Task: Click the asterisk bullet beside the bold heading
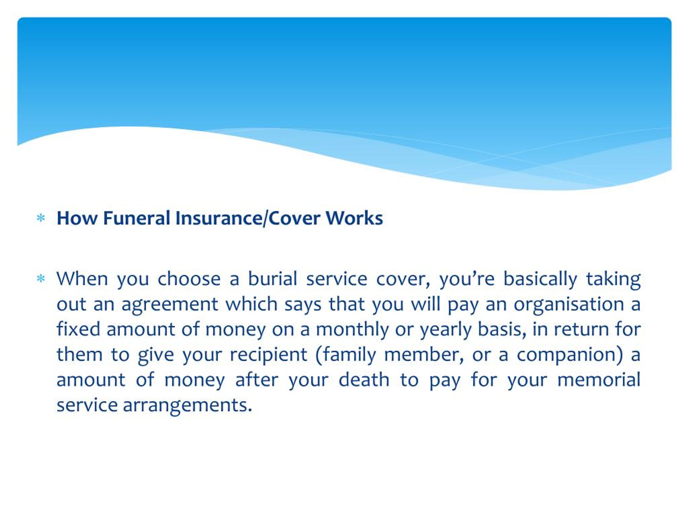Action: tap(41, 218)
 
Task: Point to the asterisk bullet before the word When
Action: tap(41, 278)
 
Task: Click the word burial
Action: tap(273, 279)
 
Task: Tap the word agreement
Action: tap(170, 304)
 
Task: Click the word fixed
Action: tap(78, 329)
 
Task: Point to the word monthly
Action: tap(352, 329)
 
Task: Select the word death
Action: tap(364, 380)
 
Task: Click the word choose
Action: tap(189, 279)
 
